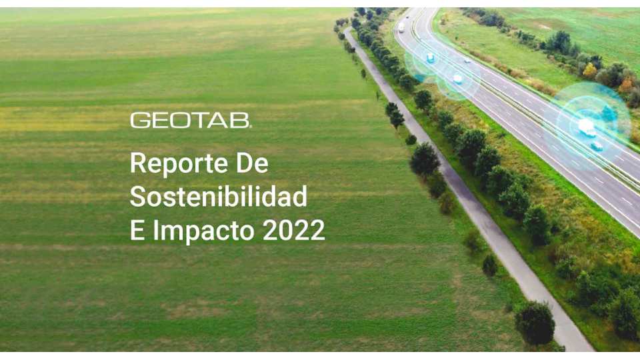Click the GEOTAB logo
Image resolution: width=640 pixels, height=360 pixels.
click(x=191, y=121)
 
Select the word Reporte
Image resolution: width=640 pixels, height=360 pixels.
click(x=179, y=164)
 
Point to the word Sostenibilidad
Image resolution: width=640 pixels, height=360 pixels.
click(x=219, y=196)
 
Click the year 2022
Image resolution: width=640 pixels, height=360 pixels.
click(x=294, y=230)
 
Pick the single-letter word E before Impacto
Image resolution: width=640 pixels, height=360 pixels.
click(x=137, y=230)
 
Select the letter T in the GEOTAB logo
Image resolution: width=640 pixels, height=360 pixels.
click(x=199, y=121)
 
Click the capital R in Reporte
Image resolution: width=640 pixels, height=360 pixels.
click(x=139, y=163)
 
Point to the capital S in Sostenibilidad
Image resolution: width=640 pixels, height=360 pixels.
click(x=139, y=196)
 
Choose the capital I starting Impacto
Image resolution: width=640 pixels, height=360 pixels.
click(x=155, y=230)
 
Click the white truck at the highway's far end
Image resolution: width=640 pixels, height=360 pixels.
click(x=401, y=27)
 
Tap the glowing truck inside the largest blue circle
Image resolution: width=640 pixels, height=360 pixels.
click(x=587, y=127)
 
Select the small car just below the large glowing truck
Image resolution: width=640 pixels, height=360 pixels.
click(x=597, y=146)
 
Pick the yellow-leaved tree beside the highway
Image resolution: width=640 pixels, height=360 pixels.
click(x=589, y=71)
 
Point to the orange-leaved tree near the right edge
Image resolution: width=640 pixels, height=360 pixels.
click(x=625, y=86)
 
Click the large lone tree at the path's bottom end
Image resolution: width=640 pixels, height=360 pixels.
click(x=535, y=323)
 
